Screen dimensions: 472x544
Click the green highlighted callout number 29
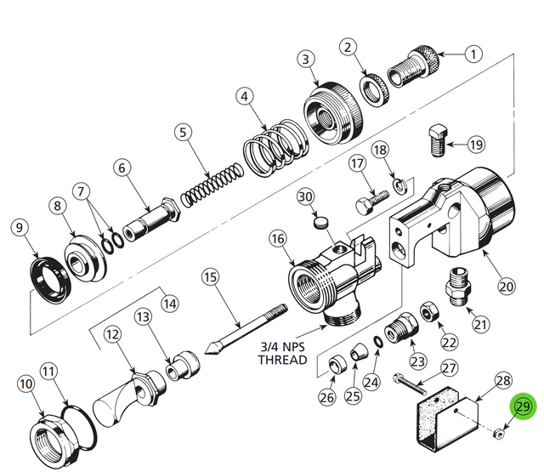click(x=521, y=408)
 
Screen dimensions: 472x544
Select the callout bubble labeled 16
click(x=277, y=240)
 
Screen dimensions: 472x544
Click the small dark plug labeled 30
click(x=320, y=224)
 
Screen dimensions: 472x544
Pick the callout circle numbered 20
click(x=507, y=286)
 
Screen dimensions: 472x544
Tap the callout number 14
click(x=170, y=302)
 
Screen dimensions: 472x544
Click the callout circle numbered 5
click(x=181, y=133)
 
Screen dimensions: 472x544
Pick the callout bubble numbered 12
click(x=113, y=336)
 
